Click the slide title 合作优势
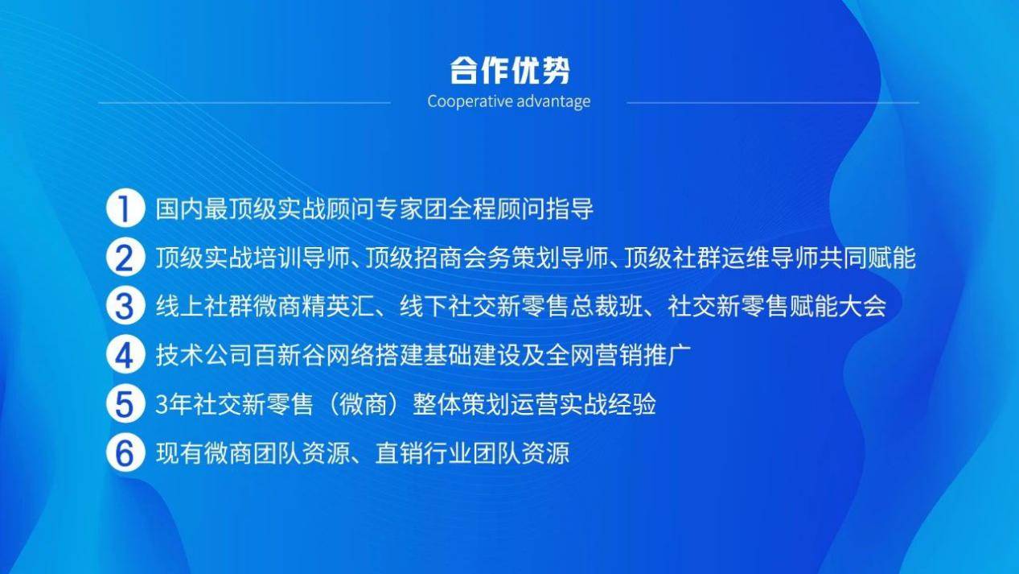[510, 71]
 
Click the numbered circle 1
[125, 208]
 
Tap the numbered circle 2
[125, 257]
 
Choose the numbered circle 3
[125, 306]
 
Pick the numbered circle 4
[125, 354]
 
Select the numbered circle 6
[125, 452]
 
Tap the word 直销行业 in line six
[424, 453]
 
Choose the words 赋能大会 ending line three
[838, 307]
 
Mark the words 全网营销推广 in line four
[618, 355]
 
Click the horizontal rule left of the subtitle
[244, 103]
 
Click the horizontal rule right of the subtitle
[773, 103]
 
